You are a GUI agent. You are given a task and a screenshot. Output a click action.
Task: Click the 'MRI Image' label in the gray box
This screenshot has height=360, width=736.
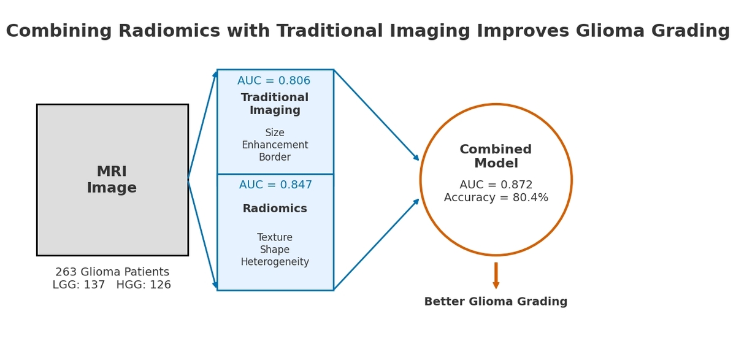(x=112, y=180)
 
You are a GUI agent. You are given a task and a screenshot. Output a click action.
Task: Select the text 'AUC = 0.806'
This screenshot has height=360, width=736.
(x=274, y=81)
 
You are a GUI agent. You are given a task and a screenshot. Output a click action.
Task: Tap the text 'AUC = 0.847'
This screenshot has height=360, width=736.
(x=275, y=185)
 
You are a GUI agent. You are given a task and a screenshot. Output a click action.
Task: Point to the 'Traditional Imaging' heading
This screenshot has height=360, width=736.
(x=275, y=104)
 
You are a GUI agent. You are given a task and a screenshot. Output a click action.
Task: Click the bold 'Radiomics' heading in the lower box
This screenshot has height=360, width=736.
(x=275, y=209)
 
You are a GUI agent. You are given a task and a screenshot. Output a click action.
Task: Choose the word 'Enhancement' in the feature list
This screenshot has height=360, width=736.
(x=275, y=145)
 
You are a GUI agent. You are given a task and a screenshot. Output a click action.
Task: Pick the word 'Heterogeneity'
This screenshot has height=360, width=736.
(x=275, y=262)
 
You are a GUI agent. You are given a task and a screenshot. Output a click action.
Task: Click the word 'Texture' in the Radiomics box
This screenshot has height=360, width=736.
(x=275, y=237)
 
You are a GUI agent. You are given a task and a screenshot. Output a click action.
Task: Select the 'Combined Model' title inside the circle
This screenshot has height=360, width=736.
(x=496, y=156)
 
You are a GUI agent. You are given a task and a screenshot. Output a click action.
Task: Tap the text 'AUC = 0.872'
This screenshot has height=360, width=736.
(x=496, y=185)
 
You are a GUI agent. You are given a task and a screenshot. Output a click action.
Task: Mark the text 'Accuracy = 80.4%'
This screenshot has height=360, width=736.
(x=496, y=197)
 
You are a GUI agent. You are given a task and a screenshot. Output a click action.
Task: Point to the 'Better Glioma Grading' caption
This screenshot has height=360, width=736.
(x=496, y=302)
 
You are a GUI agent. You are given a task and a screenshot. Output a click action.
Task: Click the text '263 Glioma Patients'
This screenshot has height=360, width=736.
(x=112, y=272)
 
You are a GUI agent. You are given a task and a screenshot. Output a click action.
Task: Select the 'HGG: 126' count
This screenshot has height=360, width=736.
(x=144, y=285)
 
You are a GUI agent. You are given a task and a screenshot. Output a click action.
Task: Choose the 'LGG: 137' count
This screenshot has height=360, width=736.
(x=79, y=285)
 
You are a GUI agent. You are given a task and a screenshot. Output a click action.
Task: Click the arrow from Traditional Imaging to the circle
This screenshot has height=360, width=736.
(x=377, y=115)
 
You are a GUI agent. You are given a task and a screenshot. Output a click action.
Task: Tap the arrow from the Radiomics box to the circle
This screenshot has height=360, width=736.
(x=377, y=244)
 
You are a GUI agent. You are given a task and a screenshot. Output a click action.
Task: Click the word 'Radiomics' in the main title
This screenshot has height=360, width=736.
(x=169, y=31)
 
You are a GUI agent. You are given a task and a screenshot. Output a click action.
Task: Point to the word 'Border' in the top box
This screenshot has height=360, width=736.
(x=275, y=157)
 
